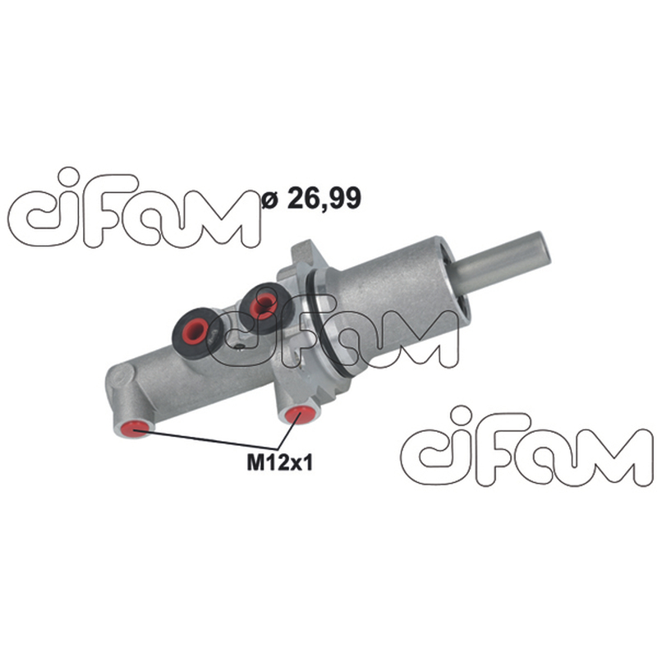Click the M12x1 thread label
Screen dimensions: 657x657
tap(279, 463)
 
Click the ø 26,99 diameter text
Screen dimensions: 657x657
tap(311, 198)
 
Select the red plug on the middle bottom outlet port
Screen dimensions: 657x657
tap(300, 414)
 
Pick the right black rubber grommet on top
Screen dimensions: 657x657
tap(264, 306)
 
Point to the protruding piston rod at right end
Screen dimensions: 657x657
tap(502, 264)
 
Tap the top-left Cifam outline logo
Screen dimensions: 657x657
tap(134, 209)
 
